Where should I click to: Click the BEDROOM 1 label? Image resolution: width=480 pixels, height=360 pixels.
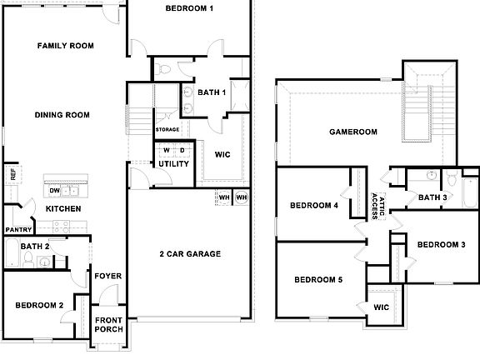189,9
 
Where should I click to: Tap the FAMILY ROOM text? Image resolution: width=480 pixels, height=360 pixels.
65,45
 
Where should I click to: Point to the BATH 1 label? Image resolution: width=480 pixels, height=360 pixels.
212,92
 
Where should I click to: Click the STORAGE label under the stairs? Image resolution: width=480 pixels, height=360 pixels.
167,130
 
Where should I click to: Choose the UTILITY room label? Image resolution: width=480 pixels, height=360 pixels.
173,163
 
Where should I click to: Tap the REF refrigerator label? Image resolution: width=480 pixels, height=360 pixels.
12,174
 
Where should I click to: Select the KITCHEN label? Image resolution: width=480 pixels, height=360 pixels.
63,208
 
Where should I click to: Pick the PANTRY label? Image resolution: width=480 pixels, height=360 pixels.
18,230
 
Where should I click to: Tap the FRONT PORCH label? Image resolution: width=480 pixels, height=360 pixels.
108,325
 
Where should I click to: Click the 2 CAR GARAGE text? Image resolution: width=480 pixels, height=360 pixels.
190,254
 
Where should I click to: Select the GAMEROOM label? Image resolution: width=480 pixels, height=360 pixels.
352,132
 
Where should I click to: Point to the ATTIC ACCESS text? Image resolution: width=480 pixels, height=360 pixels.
373,203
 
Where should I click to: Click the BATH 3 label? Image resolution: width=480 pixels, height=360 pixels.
432,197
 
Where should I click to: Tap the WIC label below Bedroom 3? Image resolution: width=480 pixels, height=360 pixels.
382,307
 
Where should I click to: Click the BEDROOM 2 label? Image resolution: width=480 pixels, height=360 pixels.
39,306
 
